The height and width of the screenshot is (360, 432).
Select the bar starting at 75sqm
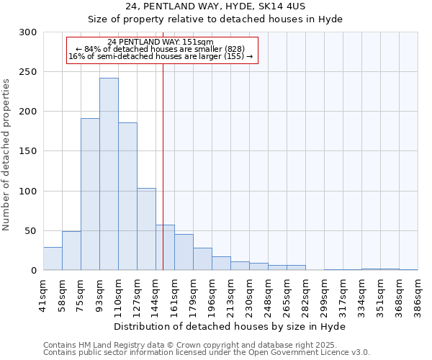(x=90, y=194)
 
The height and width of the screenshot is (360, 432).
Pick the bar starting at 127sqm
(x=146, y=229)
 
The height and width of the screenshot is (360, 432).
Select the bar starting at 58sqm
(x=71, y=251)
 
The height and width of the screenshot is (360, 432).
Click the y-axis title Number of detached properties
(x=7, y=155)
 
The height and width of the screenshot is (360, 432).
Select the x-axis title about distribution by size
(x=230, y=327)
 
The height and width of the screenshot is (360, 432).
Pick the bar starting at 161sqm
(x=184, y=252)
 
